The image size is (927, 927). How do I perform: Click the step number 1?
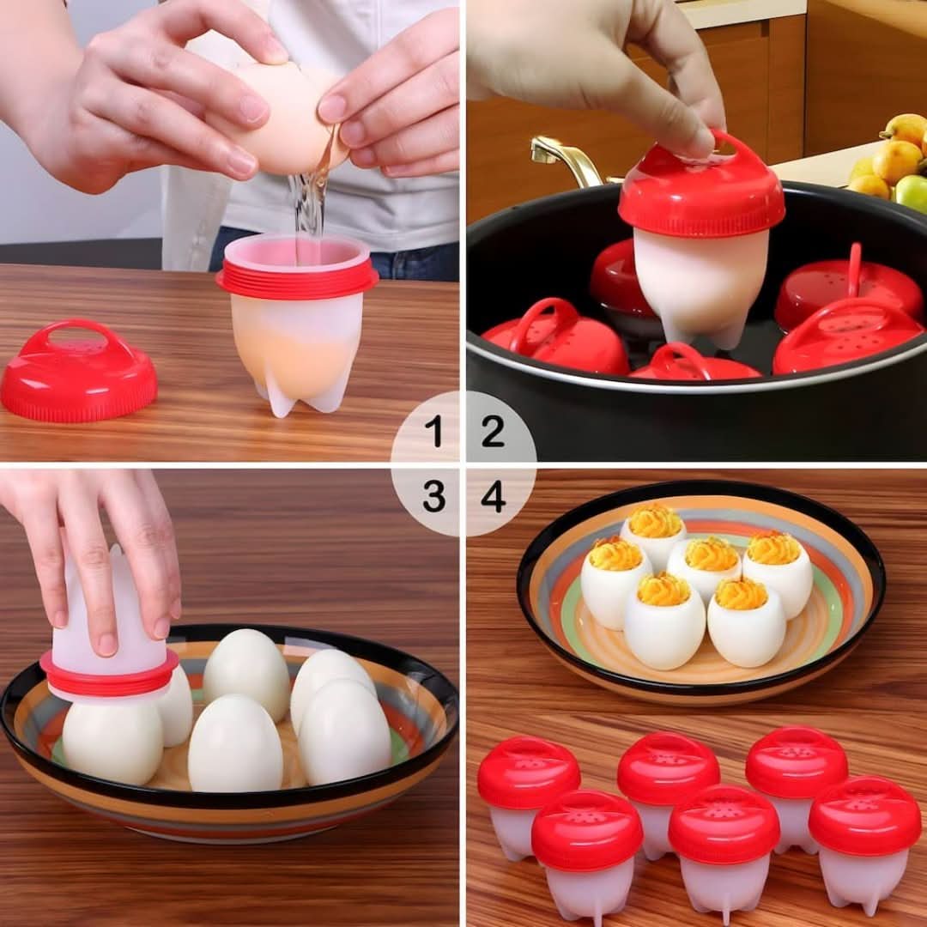pyautogui.click(x=433, y=432)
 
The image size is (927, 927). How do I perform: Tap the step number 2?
pyautogui.click(x=493, y=432)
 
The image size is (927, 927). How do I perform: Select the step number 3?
pyautogui.click(x=433, y=496)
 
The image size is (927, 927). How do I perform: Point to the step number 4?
pyautogui.click(x=493, y=496)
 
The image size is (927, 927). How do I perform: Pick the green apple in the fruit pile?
pyautogui.click(x=912, y=194)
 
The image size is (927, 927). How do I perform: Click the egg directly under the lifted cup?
pyautogui.click(x=112, y=742)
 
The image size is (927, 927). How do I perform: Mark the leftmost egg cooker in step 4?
pyautogui.click(x=527, y=794)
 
